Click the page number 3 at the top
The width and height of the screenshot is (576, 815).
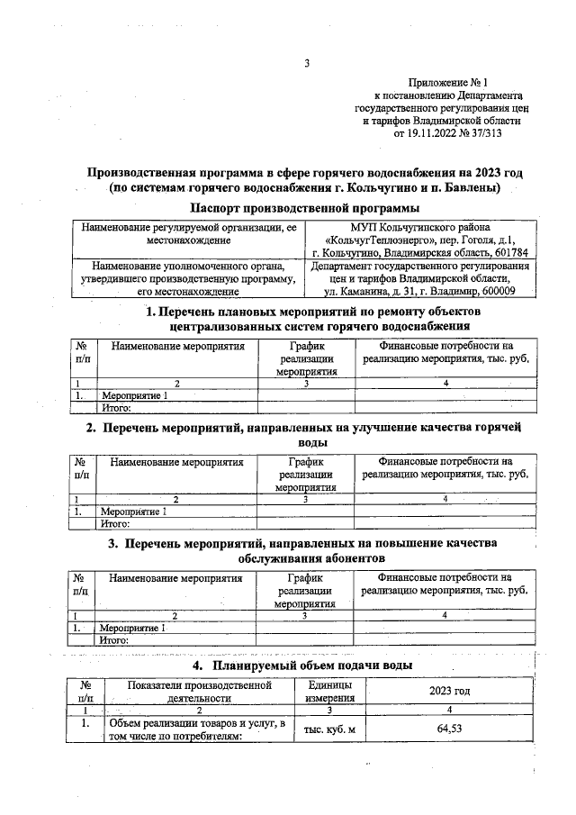coord(306,63)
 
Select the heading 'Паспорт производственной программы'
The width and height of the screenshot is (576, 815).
coord(305,208)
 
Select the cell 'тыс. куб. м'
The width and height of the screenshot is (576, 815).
coord(330,729)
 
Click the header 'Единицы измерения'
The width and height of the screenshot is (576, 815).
coord(330,691)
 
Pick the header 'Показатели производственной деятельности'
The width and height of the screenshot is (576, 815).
coord(199,691)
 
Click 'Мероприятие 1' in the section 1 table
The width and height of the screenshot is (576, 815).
coord(135,395)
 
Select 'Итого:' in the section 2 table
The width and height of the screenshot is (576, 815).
coord(116,523)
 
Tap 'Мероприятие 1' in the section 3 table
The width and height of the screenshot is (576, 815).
coord(131,628)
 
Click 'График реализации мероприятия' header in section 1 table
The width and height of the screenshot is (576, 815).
coord(305,358)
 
